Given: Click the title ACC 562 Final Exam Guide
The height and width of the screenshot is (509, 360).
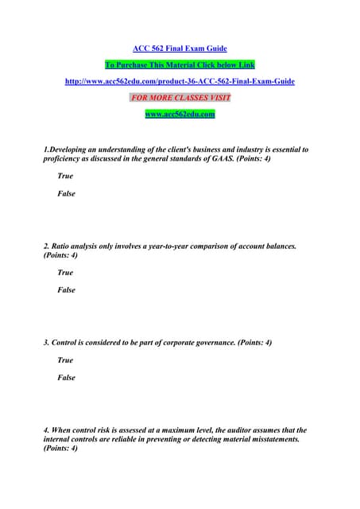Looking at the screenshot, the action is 180,49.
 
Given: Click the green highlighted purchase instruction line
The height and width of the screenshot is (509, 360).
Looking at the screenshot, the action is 180,64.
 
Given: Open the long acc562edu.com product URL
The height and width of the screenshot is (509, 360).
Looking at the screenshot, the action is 180,81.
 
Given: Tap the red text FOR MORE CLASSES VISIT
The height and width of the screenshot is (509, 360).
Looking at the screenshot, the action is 180,98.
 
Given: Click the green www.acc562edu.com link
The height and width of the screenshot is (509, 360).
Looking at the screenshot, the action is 180,115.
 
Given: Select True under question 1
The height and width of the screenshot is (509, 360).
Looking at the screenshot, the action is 65,177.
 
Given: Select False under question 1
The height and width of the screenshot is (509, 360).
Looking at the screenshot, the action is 67,194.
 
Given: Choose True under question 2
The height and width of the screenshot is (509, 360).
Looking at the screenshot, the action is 65,273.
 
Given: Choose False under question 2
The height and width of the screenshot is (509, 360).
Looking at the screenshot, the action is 67,290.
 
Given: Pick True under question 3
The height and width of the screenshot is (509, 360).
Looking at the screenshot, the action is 65,360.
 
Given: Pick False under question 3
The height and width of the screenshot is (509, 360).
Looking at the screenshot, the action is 67,378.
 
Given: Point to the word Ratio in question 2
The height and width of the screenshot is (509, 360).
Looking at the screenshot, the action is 64,247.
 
